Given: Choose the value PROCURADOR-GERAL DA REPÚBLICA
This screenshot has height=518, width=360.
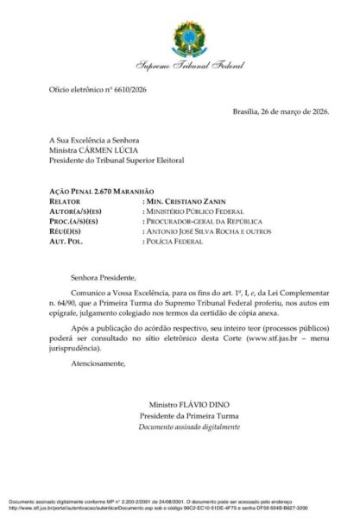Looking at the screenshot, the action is coord(203,220).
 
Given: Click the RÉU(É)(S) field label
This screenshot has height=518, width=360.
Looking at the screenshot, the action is coord(55,231).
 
